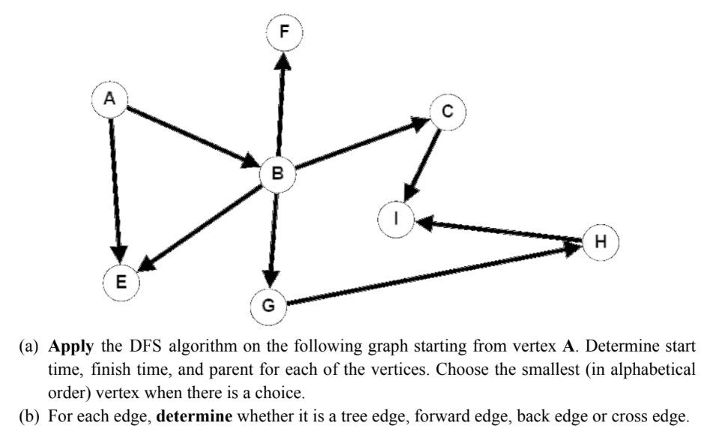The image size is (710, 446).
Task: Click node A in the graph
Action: point(110,100)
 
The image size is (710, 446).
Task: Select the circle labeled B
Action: point(278,174)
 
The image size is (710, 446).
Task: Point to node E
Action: point(121,282)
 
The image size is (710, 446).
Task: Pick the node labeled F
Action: point(285,31)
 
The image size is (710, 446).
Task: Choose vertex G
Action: point(269,305)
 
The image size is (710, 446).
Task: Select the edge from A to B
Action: point(191,135)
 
